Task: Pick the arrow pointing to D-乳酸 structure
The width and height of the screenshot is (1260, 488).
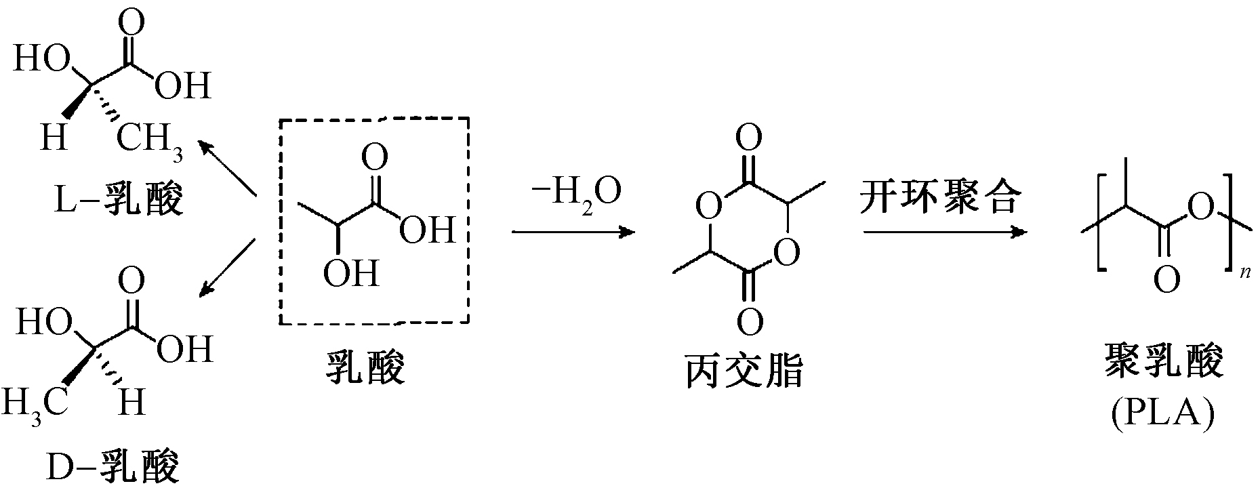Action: pos(226,268)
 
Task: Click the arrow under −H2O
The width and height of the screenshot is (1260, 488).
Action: pos(573,232)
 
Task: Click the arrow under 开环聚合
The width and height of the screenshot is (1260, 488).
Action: pos(943,232)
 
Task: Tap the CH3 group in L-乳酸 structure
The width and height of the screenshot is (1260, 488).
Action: pos(150,141)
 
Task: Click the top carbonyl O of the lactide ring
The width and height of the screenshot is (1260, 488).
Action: pos(748,140)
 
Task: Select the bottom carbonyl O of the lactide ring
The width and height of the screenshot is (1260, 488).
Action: pos(749,323)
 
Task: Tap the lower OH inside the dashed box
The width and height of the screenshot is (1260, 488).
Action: pos(350,274)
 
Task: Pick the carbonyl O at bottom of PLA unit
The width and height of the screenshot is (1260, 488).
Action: pos(1166,280)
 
